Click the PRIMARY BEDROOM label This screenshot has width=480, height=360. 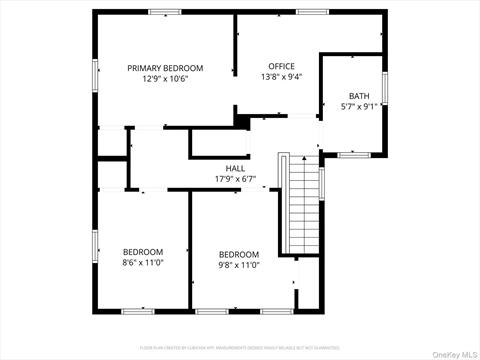click(165, 68)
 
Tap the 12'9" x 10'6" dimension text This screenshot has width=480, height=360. click(165, 78)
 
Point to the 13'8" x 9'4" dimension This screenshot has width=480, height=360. click(281, 77)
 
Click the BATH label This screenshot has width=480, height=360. click(359, 96)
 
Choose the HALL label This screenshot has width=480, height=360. click(236, 168)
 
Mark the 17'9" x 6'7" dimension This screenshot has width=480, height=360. click(236, 179)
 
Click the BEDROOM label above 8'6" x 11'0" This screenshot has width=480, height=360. click(143, 252)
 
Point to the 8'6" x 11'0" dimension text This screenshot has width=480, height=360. click(143, 263)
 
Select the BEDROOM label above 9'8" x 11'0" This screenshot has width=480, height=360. click(239, 254)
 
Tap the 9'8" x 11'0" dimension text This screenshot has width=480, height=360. click(239, 265)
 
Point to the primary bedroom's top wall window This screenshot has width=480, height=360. click(165, 12)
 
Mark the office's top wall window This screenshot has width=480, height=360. click(311, 12)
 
